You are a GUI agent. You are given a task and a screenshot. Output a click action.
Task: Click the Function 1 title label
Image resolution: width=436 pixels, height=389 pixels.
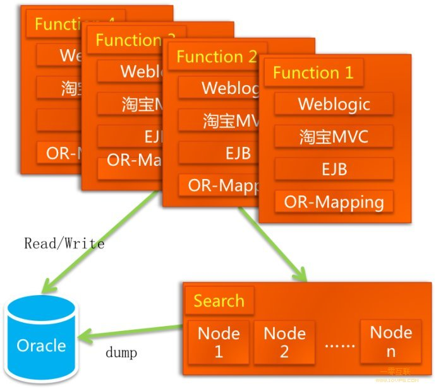[313, 73]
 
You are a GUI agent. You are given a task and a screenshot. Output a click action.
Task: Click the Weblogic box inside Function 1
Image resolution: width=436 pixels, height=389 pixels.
[334, 103]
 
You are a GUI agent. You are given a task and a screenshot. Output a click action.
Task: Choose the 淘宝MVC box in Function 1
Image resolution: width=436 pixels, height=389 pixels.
[334, 136]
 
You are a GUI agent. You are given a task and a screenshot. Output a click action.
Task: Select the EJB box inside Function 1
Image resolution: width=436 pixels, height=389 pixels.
[334, 169]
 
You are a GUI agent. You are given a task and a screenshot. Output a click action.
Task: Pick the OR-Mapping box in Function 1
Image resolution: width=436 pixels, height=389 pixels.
[334, 202]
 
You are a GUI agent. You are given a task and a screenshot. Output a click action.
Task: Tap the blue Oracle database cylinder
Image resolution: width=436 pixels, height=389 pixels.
[41, 341]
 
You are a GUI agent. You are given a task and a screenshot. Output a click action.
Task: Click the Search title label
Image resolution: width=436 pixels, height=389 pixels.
[219, 301]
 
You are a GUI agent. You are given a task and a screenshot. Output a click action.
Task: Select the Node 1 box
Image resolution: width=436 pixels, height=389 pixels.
[219, 342]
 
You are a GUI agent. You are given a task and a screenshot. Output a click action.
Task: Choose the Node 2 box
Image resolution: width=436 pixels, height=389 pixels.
[284, 342]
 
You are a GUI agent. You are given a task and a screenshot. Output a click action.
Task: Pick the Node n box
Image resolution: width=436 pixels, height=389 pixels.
[391, 341]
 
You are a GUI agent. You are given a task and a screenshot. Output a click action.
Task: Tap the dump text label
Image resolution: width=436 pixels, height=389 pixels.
[121, 352]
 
